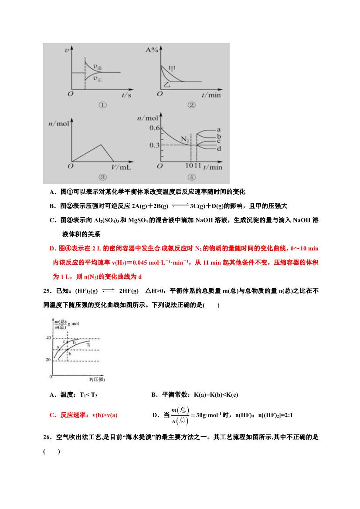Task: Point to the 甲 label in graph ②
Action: click(x=173, y=68)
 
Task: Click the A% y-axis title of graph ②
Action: click(x=151, y=50)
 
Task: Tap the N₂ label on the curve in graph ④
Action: click(x=186, y=139)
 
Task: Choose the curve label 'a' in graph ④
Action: click(x=218, y=129)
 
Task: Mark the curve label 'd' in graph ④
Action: click(x=218, y=148)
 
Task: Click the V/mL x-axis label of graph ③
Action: click(x=122, y=167)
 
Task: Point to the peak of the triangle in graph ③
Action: click(x=101, y=145)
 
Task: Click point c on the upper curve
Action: click(x=64, y=342)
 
